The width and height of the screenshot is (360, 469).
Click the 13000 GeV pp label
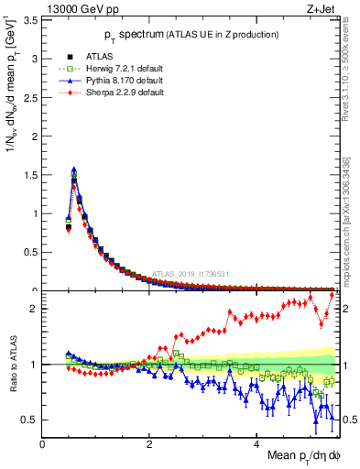point(76,8)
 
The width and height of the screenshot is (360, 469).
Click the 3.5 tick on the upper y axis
point(33,19)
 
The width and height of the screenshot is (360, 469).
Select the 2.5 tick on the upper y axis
point(33,96)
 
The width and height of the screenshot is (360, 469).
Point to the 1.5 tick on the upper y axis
point(33,174)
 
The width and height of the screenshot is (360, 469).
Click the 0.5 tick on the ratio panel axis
point(33,420)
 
